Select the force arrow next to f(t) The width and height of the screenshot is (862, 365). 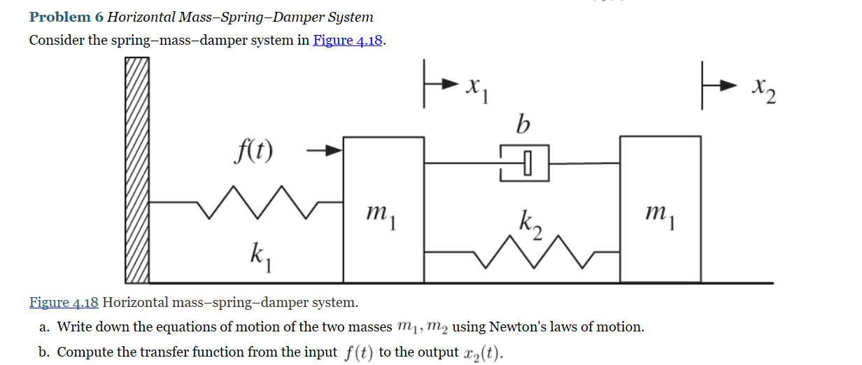(326, 150)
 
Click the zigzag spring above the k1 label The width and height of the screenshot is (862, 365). (259, 202)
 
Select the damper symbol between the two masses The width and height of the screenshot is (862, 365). (524, 163)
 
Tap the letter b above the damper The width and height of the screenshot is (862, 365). (522, 124)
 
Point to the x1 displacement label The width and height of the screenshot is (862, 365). (477, 89)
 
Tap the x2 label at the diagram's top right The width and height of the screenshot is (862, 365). (765, 90)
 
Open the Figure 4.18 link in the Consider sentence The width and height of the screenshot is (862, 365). (348, 40)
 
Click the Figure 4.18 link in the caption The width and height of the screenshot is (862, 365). (64, 303)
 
